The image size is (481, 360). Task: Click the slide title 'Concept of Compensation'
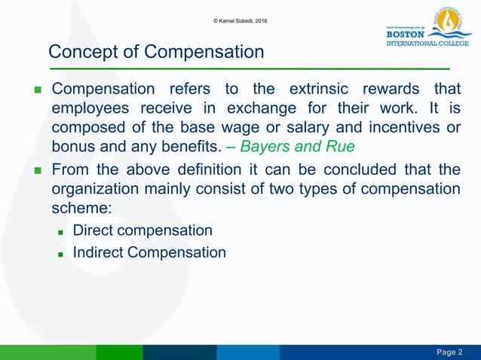tap(156, 52)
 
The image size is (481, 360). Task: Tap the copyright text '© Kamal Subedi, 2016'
tap(240, 20)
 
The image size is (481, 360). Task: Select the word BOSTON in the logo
tap(405, 34)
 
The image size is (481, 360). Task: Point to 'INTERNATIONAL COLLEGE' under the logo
tap(427, 43)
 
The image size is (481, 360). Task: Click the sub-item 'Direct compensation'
tap(142, 230)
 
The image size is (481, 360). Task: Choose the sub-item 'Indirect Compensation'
tap(149, 252)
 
